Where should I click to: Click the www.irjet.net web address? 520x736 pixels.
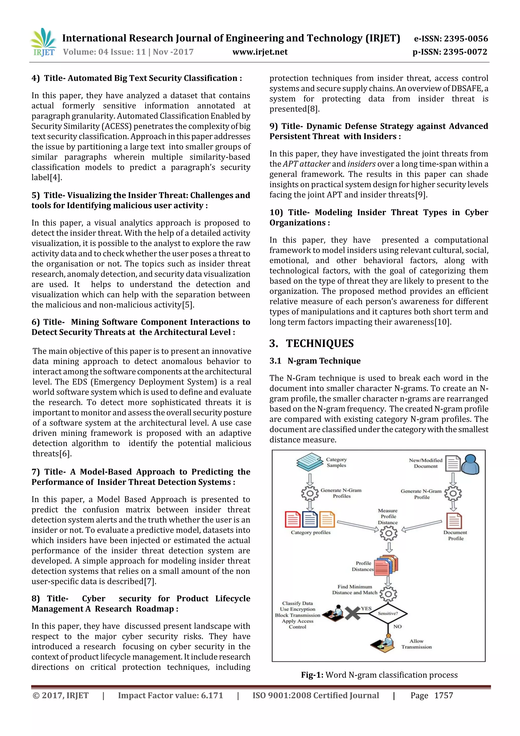tap(260, 52)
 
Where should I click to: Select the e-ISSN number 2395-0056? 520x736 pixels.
tap(466, 39)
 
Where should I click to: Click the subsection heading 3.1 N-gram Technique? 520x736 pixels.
tap(315, 361)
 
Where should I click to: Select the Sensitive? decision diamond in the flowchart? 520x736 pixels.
tap(388, 613)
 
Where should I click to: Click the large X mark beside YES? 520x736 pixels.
tap(352, 614)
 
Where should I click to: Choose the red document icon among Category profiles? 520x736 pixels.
tap(292, 519)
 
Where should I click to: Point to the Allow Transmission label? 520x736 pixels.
tap(416, 644)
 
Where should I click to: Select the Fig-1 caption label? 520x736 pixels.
tap(312, 675)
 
